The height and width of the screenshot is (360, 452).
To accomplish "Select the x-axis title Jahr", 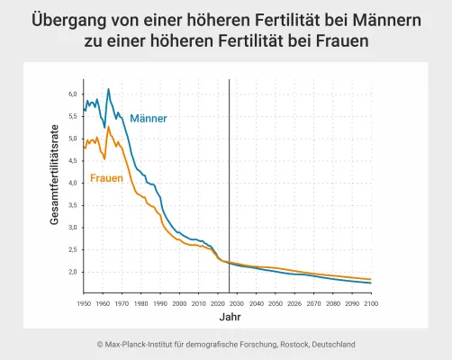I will pyautogui.click(x=230, y=318).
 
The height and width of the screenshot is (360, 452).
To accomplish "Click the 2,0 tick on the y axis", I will pyautogui.click(x=74, y=272).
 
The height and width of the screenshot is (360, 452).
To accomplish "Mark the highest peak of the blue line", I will pyautogui.click(x=109, y=89).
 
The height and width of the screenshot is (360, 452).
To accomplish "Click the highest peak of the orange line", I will pyautogui.click(x=109, y=127).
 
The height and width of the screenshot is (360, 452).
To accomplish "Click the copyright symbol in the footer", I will pyautogui.click(x=100, y=344).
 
